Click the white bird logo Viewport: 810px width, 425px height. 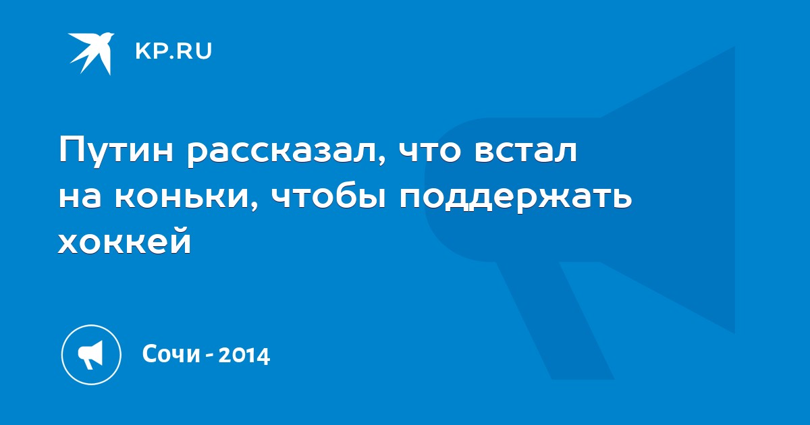[92, 53]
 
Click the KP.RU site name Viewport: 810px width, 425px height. [173, 51]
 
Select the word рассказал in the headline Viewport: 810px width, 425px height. [282, 151]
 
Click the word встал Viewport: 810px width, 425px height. [526, 150]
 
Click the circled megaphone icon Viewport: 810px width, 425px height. [91, 355]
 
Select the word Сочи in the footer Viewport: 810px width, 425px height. [171, 354]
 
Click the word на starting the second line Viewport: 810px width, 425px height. [80, 198]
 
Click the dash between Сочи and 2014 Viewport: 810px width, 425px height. [209, 356]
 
